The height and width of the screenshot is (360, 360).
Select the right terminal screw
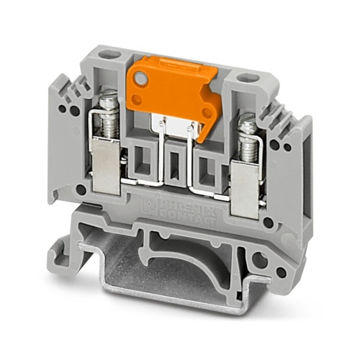pos(248,132)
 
